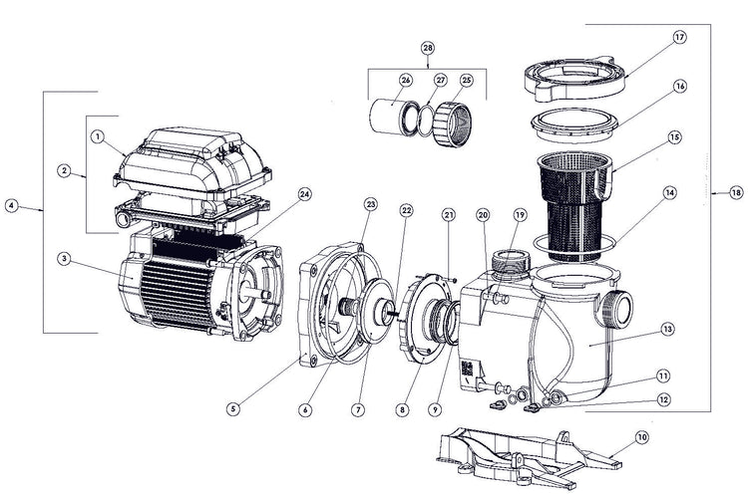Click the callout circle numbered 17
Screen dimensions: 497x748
coord(680,39)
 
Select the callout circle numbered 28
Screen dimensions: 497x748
coord(428,48)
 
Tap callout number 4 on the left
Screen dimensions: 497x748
coord(11,206)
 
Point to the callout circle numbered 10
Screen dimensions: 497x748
coord(641,436)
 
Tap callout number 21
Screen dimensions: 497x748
coord(449,215)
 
